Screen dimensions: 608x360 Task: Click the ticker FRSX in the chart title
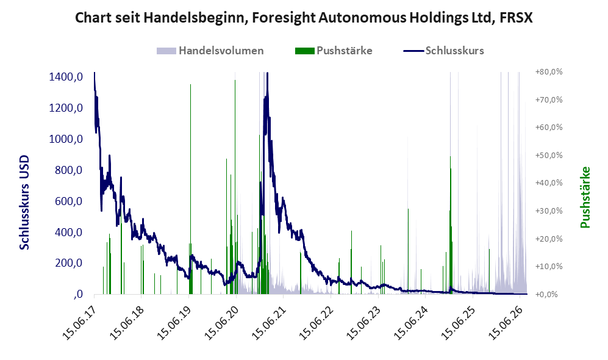516,18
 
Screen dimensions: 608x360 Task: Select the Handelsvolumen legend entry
210,51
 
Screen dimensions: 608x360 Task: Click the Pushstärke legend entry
334,51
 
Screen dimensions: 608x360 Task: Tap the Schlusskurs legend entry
443,51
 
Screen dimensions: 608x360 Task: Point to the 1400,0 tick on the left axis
66,77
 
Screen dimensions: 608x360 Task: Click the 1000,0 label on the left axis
66,139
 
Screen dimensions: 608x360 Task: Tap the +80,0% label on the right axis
549,72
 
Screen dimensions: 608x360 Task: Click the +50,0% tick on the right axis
549,156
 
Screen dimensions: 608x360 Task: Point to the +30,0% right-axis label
549,211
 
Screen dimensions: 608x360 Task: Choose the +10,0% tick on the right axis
549,267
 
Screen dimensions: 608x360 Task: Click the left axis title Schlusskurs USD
24,203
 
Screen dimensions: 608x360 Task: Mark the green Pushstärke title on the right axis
585,198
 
